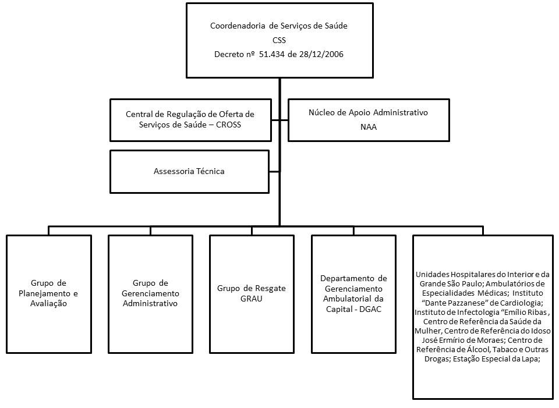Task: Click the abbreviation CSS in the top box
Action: point(279,40)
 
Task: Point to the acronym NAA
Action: point(369,126)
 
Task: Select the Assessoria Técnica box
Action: point(189,172)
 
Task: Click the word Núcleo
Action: point(321,112)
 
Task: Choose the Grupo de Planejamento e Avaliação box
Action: point(49,293)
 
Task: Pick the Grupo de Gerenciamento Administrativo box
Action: point(150,293)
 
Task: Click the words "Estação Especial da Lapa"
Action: point(503,359)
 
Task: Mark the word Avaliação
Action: point(49,303)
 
